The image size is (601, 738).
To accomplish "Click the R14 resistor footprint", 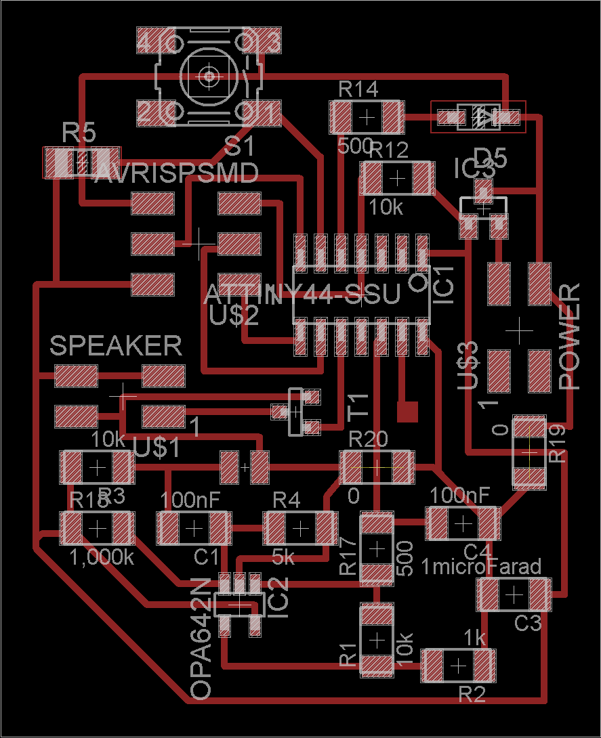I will [x=367, y=117].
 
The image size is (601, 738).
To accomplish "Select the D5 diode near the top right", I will [x=478, y=117].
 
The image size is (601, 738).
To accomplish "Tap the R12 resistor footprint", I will [x=397, y=178].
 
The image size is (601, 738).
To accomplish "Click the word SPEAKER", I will [x=116, y=346].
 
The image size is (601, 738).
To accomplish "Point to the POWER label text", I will [x=571, y=337].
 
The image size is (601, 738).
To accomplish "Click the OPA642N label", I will [x=201, y=638].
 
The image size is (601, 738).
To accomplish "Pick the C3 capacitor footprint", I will [x=513, y=594].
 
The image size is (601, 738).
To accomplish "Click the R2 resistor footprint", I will [x=459, y=666].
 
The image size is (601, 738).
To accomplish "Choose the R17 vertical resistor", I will [x=377, y=548].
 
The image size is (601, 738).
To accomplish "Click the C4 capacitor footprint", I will [x=463, y=523].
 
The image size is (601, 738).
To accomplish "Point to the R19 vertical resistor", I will [x=529, y=452].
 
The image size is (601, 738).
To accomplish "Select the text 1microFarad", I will [x=482, y=566].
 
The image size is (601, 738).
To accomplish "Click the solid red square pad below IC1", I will [x=407, y=411].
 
